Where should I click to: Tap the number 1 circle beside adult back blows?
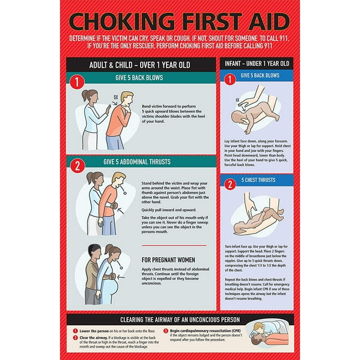pos(76,82)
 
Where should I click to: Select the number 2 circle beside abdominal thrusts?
pos(76,165)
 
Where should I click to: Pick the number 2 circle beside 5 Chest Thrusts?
pos(231,184)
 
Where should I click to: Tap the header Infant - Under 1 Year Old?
pos(257,63)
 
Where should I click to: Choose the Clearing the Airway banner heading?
pos(181,320)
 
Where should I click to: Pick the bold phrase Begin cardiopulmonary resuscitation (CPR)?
pos(203,331)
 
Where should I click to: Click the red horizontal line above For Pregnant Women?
pos(174,245)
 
